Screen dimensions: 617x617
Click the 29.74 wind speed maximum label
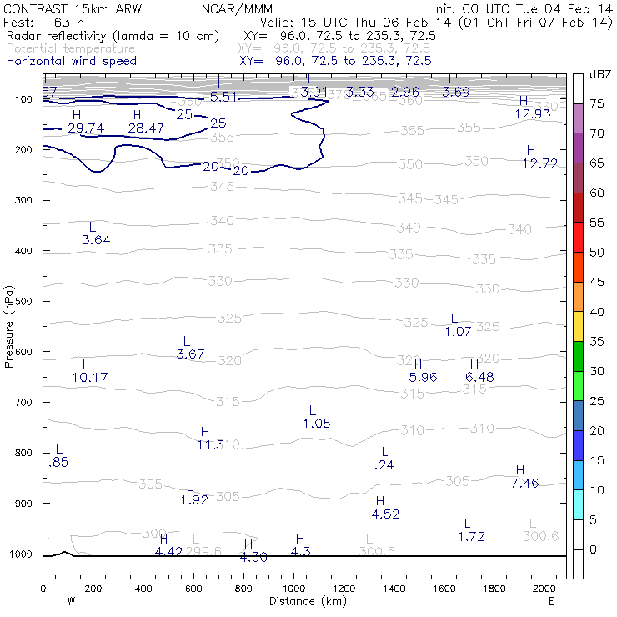86,128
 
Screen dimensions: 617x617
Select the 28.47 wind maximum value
147,128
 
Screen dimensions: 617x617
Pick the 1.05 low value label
317,424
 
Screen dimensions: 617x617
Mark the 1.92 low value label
194,500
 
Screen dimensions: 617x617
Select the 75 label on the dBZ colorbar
598,103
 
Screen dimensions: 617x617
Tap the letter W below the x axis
70,600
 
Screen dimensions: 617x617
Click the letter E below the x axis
551,600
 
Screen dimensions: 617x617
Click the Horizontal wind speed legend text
71,61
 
